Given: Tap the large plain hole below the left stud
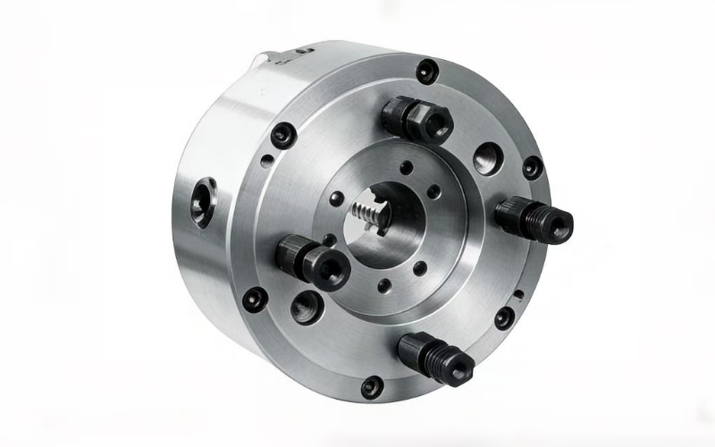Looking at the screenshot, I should coord(304,306).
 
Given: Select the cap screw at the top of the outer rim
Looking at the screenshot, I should coord(427,68).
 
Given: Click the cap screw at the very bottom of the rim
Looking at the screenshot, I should coord(371,386).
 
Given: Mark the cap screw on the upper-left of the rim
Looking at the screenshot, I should coord(283,134).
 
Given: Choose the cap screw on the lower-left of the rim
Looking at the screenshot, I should coord(257,299).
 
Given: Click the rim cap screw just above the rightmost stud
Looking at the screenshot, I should coord(532,167).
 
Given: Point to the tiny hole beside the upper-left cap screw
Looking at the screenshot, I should coord(265,163).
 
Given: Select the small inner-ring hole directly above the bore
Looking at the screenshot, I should coord(408,167).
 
